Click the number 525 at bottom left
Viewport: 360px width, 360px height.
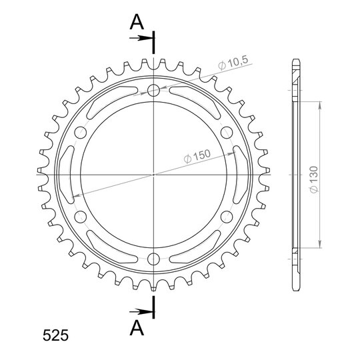pyautogui.click(x=55, y=335)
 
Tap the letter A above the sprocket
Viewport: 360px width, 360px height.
pyautogui.click(x=137, y=22)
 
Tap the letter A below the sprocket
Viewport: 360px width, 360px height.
pyautogui.click(x=137, y=327)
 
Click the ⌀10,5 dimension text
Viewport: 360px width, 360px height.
pyautogui.click(x=233, y=63)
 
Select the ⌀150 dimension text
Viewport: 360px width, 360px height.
pyautogui.click(x=197, y=157)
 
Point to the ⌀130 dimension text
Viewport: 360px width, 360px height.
pyautogui.click(x=314, y=179)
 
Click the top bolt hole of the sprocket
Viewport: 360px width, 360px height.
pyautogui.click(x=153, y=90)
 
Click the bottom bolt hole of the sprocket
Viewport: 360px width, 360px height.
pyautogui.click(x=153, y=259)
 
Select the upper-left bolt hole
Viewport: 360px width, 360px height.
pyautogui.click(x=81, y=133)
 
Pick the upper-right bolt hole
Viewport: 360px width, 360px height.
pyautogui.click(x=227, y=133)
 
